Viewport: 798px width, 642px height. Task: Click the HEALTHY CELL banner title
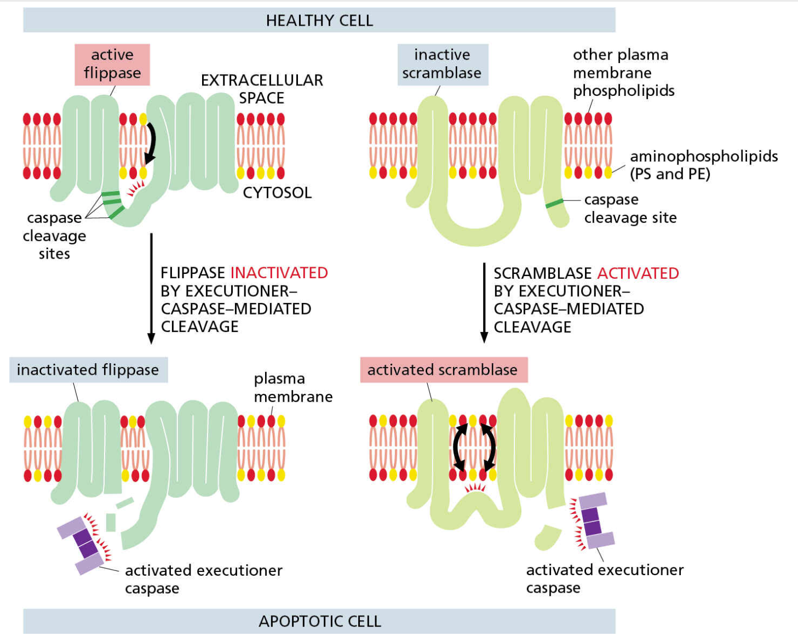coord(319,20)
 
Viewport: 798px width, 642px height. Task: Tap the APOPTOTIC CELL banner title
coord(320,621)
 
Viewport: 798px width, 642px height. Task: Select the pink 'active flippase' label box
coord(112,65)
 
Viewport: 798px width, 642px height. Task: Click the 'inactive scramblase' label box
coord(443,65)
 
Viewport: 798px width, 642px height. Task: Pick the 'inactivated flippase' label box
coord(88,370)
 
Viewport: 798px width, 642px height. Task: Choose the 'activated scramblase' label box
coord(444,370)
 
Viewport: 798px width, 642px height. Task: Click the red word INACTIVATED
coord(279,273)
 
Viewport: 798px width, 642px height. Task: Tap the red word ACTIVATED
coord(638,273)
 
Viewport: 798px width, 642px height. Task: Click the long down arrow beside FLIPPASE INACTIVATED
coord(151,289)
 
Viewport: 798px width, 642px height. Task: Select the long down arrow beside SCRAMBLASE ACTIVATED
coord(484,302)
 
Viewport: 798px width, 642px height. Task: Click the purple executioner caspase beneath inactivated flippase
coord(84,545)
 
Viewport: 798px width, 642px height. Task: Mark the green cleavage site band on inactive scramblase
coord(554,203)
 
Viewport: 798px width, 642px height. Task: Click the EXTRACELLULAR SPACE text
coord(262,89)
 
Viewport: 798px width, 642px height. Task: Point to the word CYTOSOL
coord(277,193)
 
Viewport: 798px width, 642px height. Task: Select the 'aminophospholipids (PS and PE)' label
coord(704,165)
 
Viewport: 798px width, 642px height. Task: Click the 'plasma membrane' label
coord(293,388)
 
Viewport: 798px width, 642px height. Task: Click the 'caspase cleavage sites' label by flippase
coord(55,236)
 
